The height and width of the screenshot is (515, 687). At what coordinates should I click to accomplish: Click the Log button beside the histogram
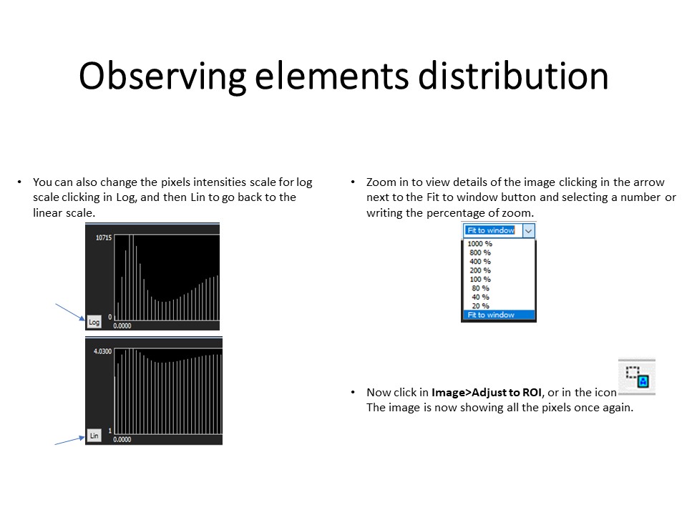point(94,322)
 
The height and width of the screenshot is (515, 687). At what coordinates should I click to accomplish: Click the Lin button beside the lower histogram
point(94,436)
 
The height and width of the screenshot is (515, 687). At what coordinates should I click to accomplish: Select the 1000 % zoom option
point(479,243)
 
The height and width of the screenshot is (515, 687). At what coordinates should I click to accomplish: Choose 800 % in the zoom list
point(479,252)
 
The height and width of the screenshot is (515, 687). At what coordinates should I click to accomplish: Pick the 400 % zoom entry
point(479,262)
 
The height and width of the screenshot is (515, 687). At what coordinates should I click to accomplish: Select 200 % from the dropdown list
point(479,270)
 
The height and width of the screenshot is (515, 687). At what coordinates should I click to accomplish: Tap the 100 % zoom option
point(479,279)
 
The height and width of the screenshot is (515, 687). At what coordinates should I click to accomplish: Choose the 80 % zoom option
point(480,288)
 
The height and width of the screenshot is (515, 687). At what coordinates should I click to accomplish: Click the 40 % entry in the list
point(480,297)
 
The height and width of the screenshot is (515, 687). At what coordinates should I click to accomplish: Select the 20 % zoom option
point(480,305)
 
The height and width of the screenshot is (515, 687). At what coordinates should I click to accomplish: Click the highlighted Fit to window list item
point(499,315)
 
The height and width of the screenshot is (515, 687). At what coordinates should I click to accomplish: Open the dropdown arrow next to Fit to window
point(529,230)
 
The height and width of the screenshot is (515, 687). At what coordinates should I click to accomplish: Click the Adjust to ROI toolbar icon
point(637,377)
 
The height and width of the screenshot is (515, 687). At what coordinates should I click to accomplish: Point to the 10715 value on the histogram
point(104,237)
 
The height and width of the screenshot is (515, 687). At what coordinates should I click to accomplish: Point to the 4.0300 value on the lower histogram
point(102,351)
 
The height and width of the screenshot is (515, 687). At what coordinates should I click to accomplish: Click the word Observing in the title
point(162,77)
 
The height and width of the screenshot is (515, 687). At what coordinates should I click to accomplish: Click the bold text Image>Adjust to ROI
point(487,393)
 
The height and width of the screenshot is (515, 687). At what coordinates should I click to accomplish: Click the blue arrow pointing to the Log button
point(70,312)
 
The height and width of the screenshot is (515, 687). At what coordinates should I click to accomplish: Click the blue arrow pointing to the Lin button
point(69,441)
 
